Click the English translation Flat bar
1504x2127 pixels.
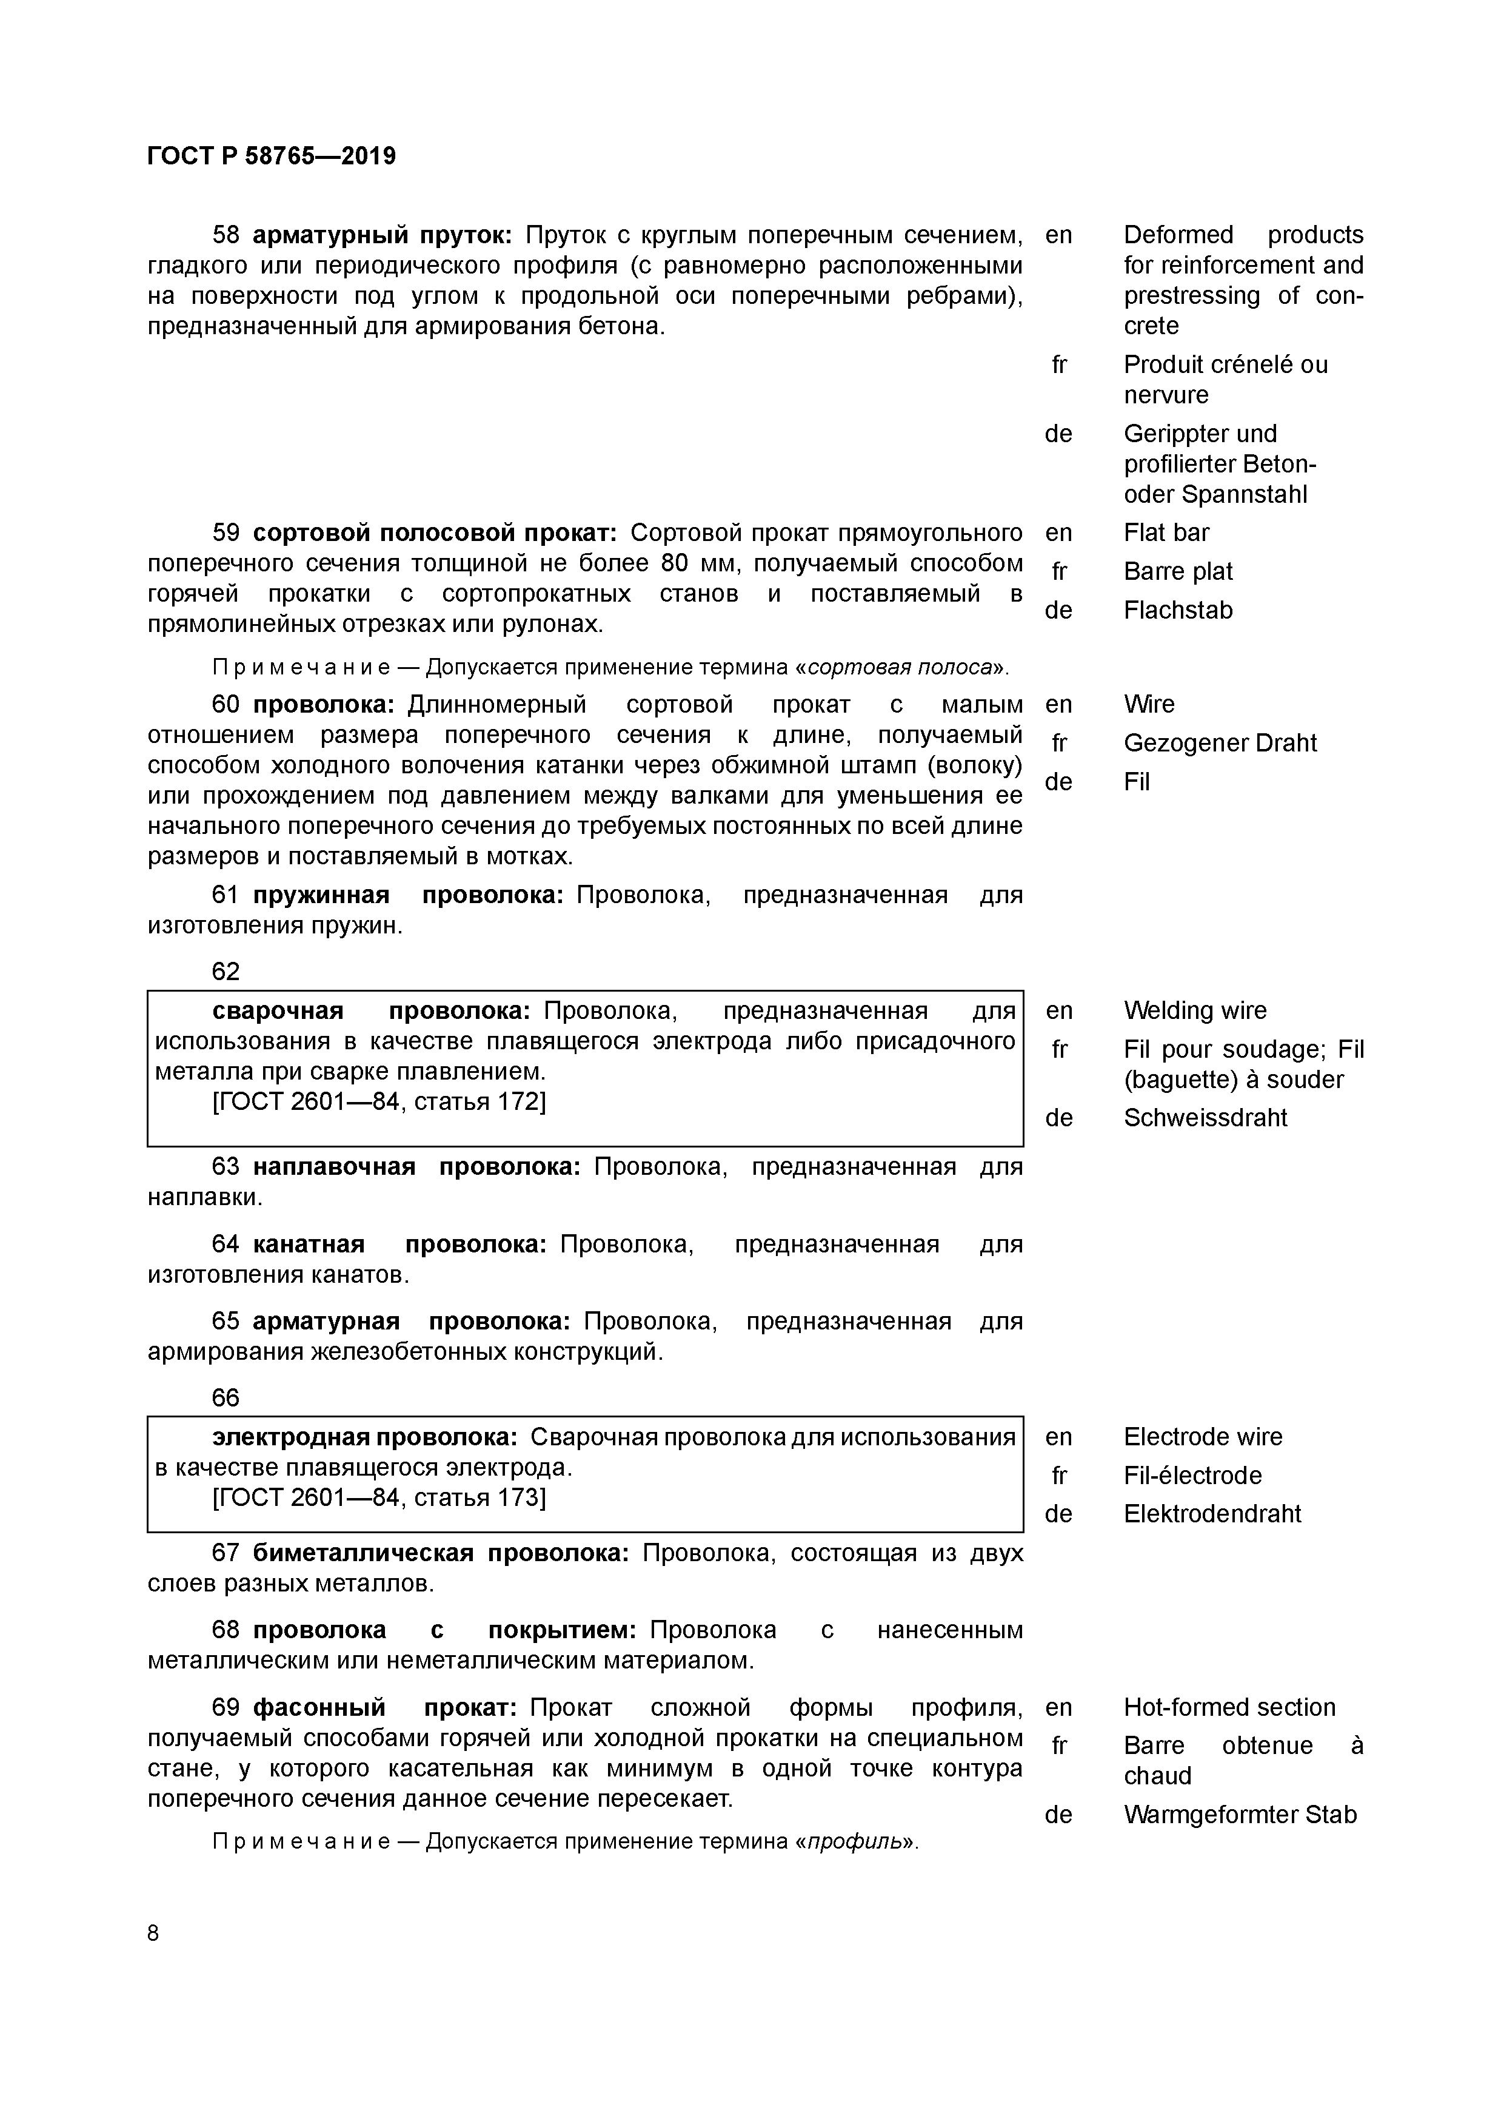pyautogui.click(x=1166, y=533)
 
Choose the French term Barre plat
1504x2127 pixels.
pyautogui.click(x=1178, y=571)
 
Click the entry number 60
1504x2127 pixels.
pyautogui.click(x=226, y=705)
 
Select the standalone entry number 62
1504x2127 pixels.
pyautogui.click(x=226, y=972)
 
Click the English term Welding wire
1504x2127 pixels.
pyautogui.click(x=1195, y=1010)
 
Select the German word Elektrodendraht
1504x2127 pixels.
pyautogui.click(x=1212, y=1514)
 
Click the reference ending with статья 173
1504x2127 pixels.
pyautogui.click(x=379, y=1498)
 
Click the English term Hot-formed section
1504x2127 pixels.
pyautogui.click(x=1229, y=1707)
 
